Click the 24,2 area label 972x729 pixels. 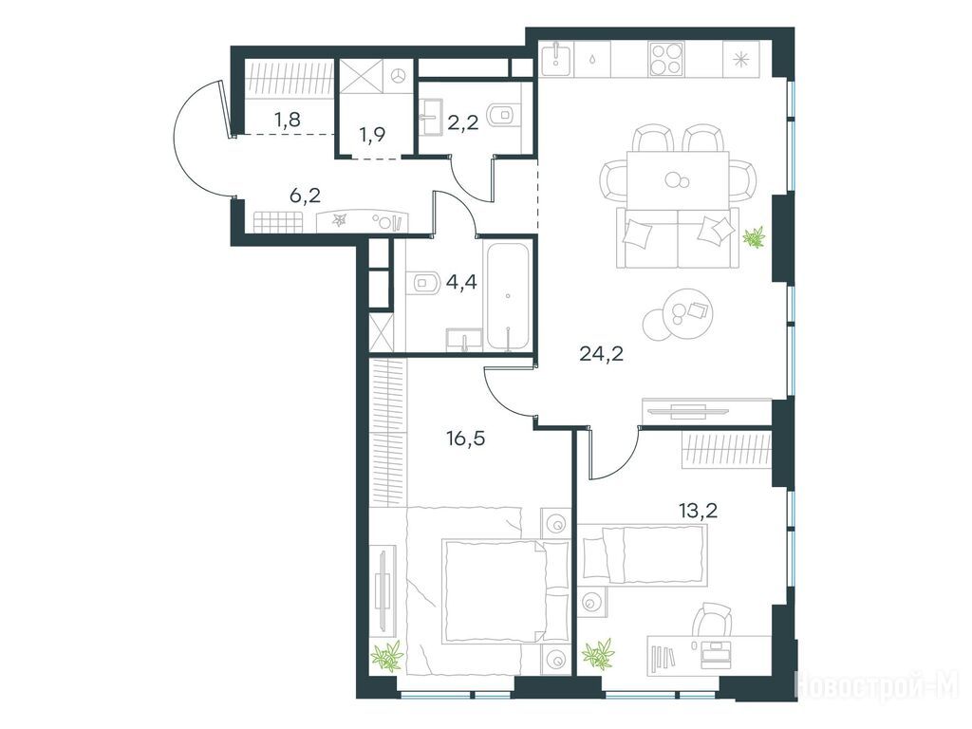[x=601, y=354]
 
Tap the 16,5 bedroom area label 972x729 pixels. [x=465, y=439]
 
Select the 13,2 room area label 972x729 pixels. [x=698, y=510]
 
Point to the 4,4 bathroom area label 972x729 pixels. [x=461, y=283]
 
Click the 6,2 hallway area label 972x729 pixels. [x=305, y=196]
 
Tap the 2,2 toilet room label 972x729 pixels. [x=463, y=123]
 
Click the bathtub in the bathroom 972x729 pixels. [x=509, y=296]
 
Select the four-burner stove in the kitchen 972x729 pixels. [x=666, y=59]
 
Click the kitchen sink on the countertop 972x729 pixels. [x=556, y=55]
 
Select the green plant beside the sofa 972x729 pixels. [x=755, y=237]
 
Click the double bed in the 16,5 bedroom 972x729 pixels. [x=505, y=590]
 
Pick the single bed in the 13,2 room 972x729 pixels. [x=645, y=554]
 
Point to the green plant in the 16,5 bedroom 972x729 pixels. [x=387, y=656]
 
